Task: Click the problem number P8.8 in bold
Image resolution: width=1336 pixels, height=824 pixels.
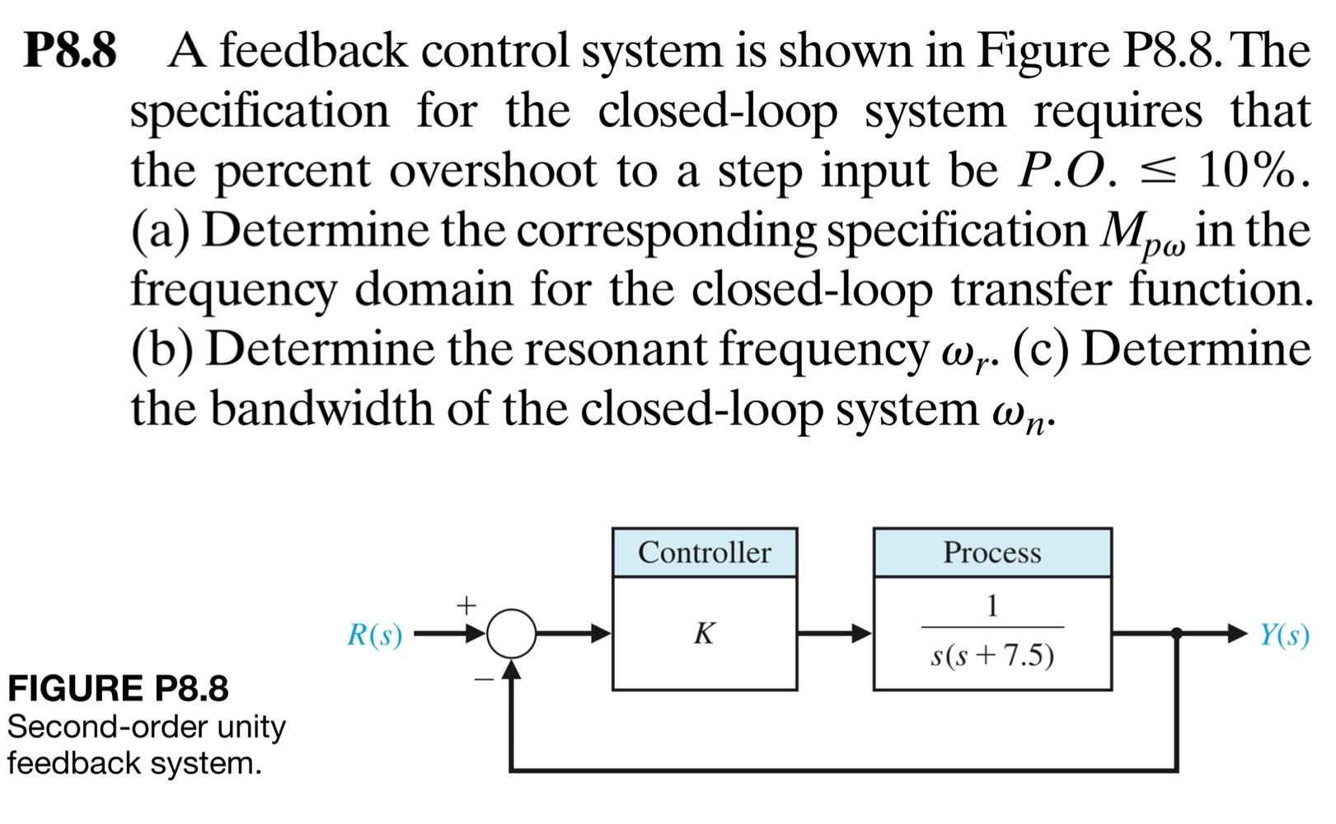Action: coord(70,51)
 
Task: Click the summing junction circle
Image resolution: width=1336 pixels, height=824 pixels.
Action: coord(511,634)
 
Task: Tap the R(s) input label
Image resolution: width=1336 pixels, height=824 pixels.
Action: coord(375,634)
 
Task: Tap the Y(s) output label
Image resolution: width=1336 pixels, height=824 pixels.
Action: coord(1284,634)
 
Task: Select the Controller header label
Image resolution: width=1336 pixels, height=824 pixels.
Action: coord(704,552)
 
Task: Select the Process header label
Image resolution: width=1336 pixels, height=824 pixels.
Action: coord(991,552)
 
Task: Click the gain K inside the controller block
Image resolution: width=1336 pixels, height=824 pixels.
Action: coord(704,633)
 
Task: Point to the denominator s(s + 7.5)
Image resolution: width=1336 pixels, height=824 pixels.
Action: coord(991,655)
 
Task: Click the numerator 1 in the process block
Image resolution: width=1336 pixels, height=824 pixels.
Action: coord(991,606)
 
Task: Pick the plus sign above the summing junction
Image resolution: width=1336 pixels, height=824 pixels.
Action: coord(466,606)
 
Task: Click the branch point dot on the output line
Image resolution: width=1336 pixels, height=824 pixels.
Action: coord(1176,634)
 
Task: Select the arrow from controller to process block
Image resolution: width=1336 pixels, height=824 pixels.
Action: coord(834,634)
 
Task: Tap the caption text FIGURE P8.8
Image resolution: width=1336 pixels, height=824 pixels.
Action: coord(118,688)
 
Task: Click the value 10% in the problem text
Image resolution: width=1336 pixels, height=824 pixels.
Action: coord(1247,171)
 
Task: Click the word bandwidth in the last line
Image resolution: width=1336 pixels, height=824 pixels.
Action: coord(321,408)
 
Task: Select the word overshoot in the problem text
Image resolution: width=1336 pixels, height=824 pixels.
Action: coord(493,171)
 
